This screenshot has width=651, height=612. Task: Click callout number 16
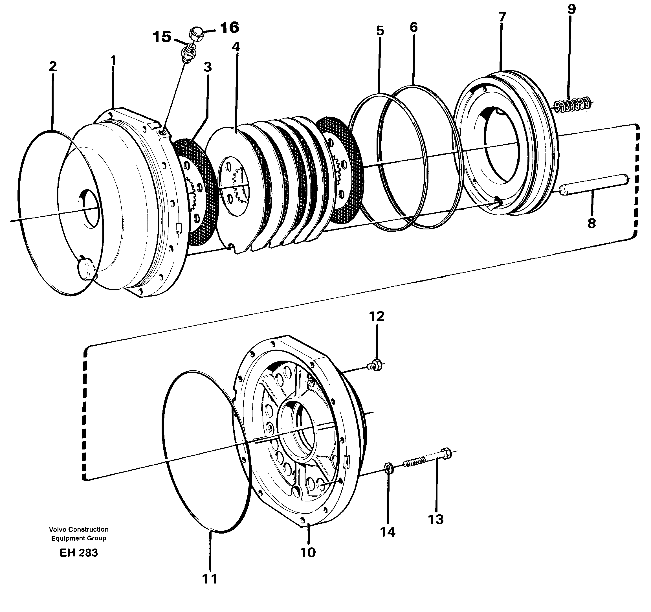229,28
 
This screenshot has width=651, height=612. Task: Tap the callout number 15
162,37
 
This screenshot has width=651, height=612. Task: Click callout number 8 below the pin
591,223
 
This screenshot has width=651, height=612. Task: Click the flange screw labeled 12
377,364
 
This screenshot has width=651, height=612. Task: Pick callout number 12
377,317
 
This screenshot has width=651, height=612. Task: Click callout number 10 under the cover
308,552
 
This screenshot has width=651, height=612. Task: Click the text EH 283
79,553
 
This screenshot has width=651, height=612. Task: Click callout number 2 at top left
52,67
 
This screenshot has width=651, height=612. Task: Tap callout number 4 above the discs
236,47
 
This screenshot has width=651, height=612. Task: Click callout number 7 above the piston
502,16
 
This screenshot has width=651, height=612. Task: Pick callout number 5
380,31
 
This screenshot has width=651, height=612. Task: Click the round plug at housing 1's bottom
85,269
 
